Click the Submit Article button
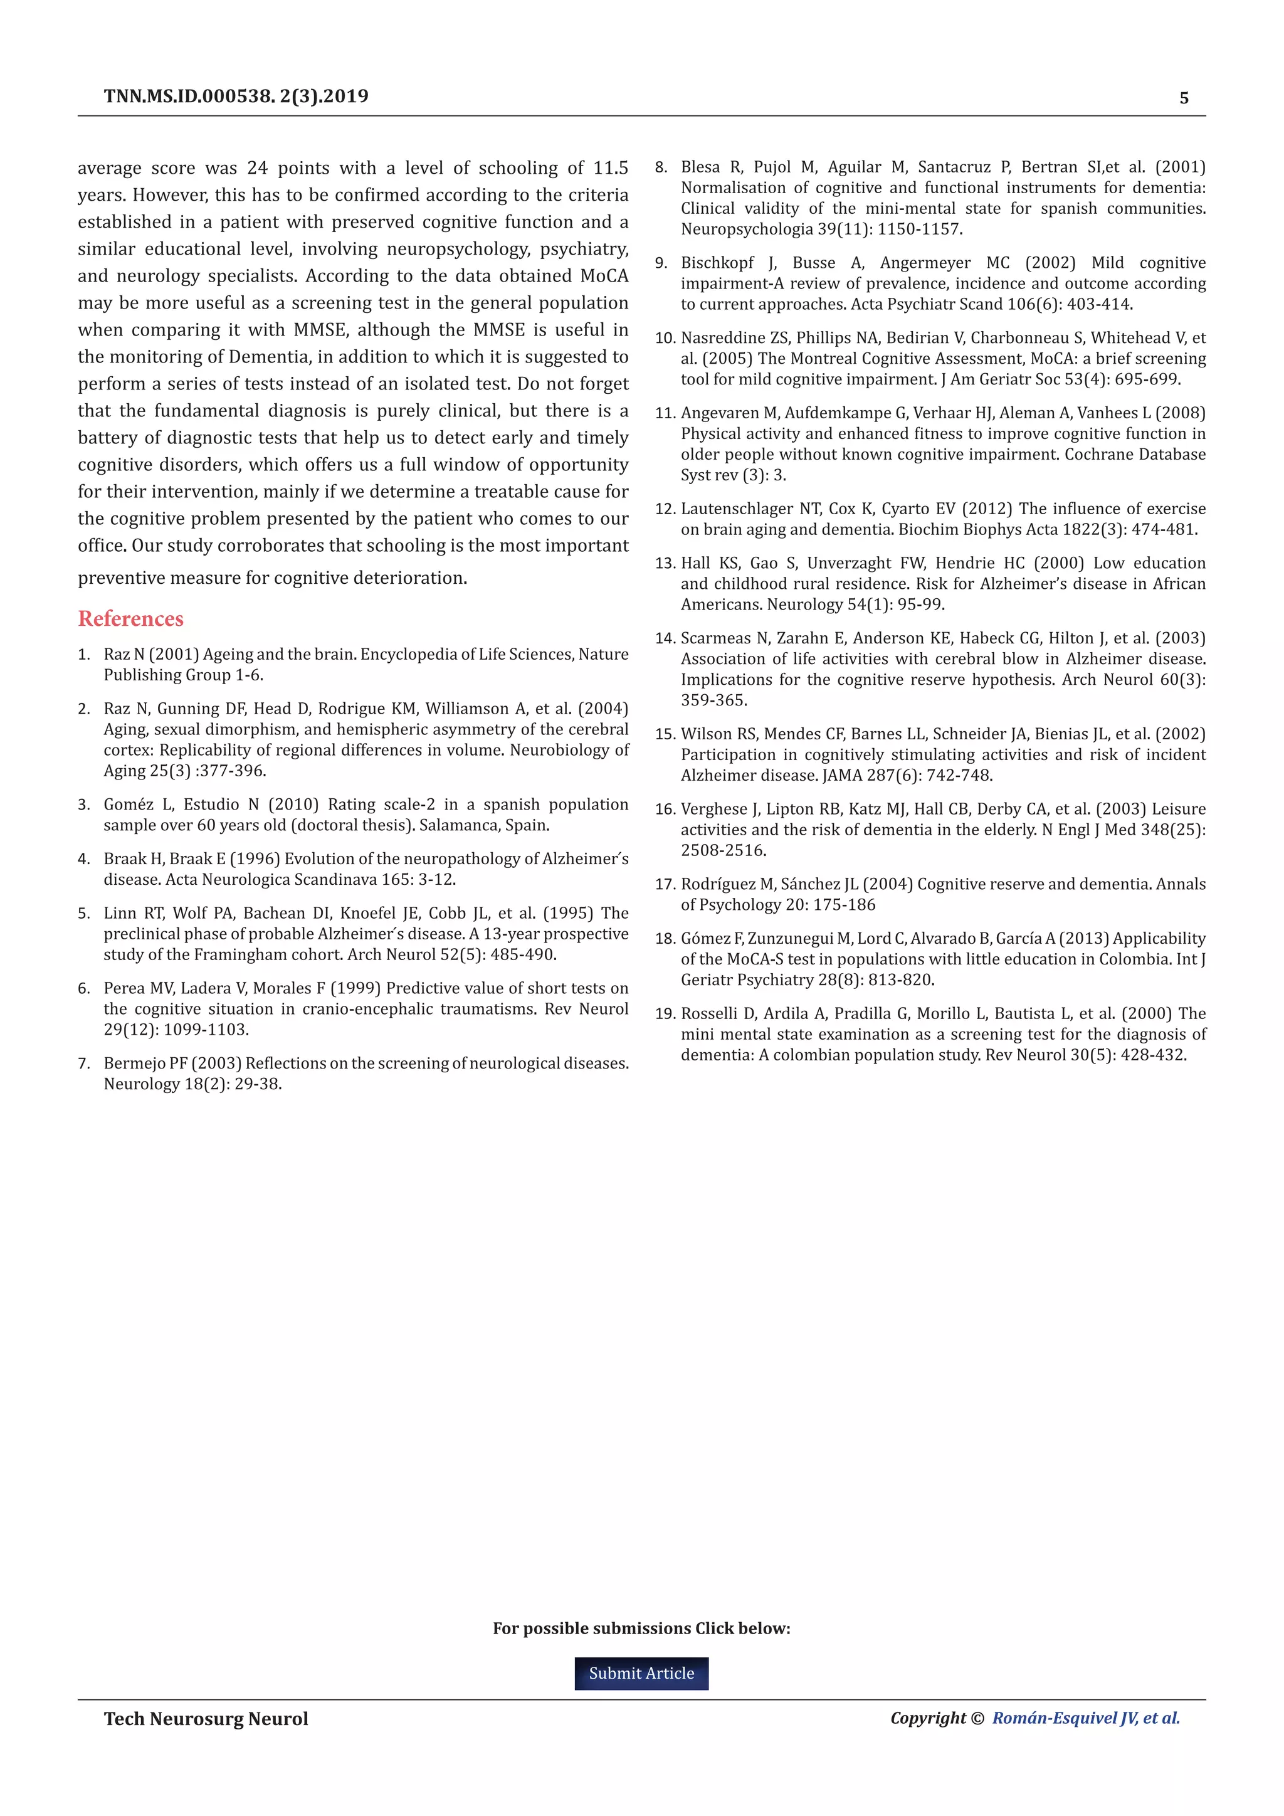(641, 1673)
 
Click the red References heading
(130, 618)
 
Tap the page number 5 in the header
(1184, 98)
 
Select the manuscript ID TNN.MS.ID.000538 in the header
(190, 97)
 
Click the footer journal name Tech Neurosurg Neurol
(206, 1719)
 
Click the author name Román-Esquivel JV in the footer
(1064, 1718)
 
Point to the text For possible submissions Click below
(641, 1628)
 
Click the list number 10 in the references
(663, 338)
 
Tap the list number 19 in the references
(663, 1013)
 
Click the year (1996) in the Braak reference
(255, 858)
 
